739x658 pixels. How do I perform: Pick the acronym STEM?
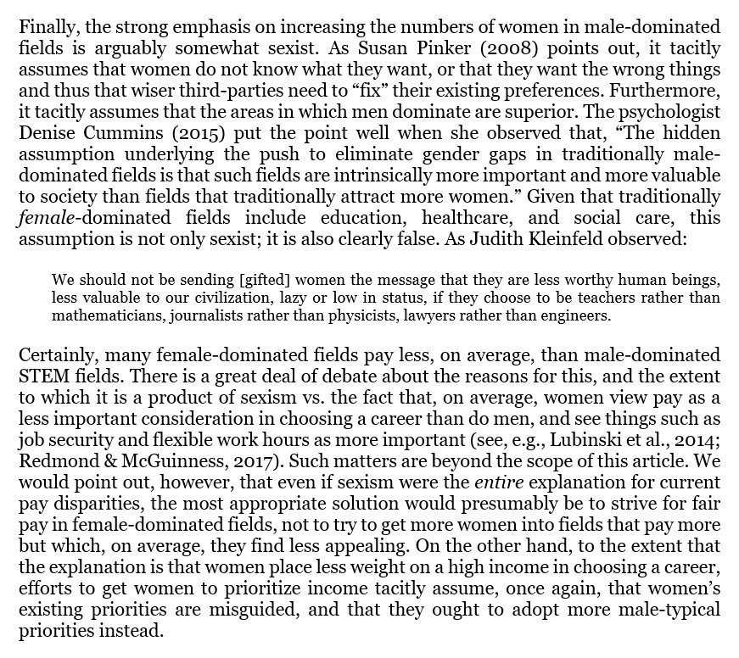pos(42,375)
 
